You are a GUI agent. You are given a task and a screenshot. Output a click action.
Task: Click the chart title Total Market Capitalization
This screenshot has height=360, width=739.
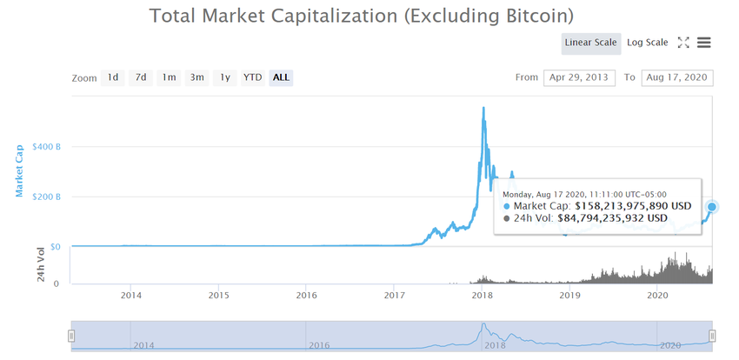[x=361, y=16]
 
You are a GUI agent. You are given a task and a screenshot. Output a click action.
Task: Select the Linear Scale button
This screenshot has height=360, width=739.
[x=590, y=42]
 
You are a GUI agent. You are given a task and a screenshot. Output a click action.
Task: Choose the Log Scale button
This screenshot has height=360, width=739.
[x=647, y=42]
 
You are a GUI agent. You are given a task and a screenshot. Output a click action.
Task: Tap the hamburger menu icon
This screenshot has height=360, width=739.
[x=704, y=42]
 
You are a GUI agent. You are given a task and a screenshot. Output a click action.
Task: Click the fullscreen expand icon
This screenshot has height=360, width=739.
[x=683, y=42]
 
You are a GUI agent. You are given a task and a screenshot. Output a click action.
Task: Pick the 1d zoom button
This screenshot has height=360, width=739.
[x=113, y=77]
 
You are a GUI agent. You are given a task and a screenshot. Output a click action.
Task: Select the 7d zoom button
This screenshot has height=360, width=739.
[x=140, y=77]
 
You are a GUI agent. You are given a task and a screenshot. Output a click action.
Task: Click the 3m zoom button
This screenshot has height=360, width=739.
[x=197, y=77]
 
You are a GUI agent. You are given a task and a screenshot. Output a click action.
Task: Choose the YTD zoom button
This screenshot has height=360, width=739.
[x=252, y=77]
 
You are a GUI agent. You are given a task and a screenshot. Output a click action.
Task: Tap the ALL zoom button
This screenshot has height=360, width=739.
[x=281, y=77]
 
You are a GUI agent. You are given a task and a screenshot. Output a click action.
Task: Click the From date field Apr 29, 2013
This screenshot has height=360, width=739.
[x=579, y=77]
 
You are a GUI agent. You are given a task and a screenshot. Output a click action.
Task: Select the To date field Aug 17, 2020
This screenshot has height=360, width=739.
[x=677, y=77]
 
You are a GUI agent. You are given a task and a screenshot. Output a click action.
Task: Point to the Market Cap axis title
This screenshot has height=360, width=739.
[x=20, y=170]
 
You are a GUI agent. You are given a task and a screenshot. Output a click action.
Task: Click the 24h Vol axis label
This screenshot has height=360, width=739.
[x=39, y=265]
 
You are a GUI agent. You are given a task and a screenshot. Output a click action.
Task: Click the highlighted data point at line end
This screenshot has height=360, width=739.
[x=712, y=207]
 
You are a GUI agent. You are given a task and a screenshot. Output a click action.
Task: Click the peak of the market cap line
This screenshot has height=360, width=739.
[x=483, y=108]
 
